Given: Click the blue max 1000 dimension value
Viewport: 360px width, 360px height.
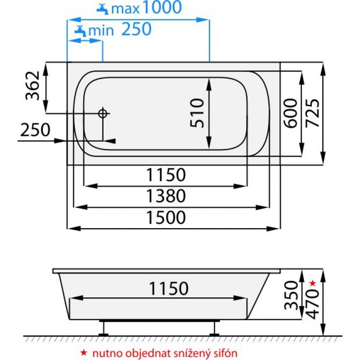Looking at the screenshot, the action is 162,7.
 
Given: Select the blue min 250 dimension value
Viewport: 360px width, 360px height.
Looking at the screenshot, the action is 136,29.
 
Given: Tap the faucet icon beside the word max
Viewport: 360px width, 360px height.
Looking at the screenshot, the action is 103,9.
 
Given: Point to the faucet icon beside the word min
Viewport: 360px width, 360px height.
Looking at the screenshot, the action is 81,31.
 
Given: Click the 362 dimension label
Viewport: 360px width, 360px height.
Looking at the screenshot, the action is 32,86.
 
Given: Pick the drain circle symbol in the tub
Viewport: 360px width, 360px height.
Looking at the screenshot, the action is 103,113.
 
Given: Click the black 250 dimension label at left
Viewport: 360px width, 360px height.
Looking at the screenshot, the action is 35,130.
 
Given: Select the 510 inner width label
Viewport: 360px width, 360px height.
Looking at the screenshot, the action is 197,113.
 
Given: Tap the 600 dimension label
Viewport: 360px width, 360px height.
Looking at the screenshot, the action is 291,113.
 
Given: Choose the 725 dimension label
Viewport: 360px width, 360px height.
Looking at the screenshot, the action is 312,113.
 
